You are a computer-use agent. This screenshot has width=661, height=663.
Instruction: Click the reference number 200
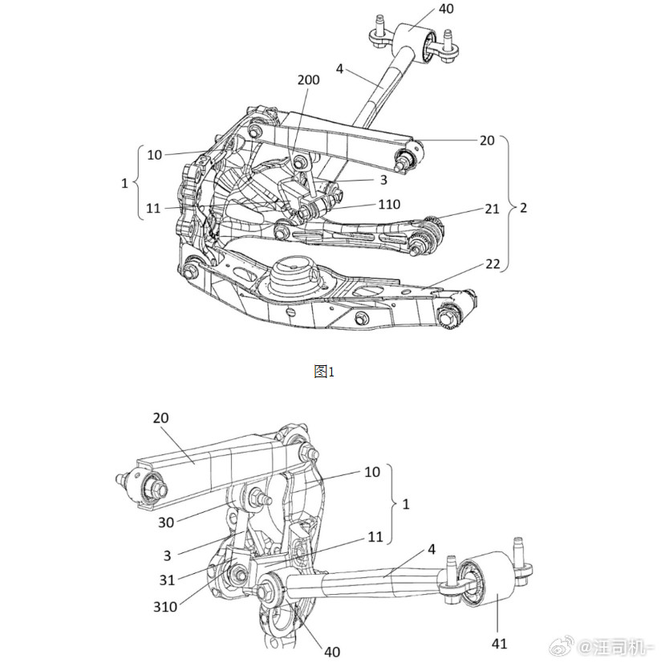pyautogui.click(x=308, y=80)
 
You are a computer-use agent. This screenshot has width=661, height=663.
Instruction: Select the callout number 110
pyautogui.click(x=390, y=205)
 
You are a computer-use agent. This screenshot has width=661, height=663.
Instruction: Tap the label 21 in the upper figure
pyautogui.click(x=491, y=208)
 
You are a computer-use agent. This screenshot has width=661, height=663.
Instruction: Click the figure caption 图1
pyautogui.click(x=323, y=371)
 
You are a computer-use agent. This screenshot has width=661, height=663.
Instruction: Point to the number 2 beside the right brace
pyautogui.click(x=523, y=207)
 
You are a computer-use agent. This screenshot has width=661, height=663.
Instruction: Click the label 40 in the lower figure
pyautogui.click(x=330, y=651)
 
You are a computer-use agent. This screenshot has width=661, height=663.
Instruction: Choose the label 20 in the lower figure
pyautogui.click(x=162, y=418)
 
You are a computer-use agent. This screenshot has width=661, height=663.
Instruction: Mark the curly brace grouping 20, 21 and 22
pyautogui.click(x=507, y=205)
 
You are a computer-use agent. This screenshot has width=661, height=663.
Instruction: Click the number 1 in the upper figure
pyautogui.click(x=124, y=183)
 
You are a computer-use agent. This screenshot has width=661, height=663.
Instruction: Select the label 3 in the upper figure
pyautogui.click(x=383, y=180)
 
